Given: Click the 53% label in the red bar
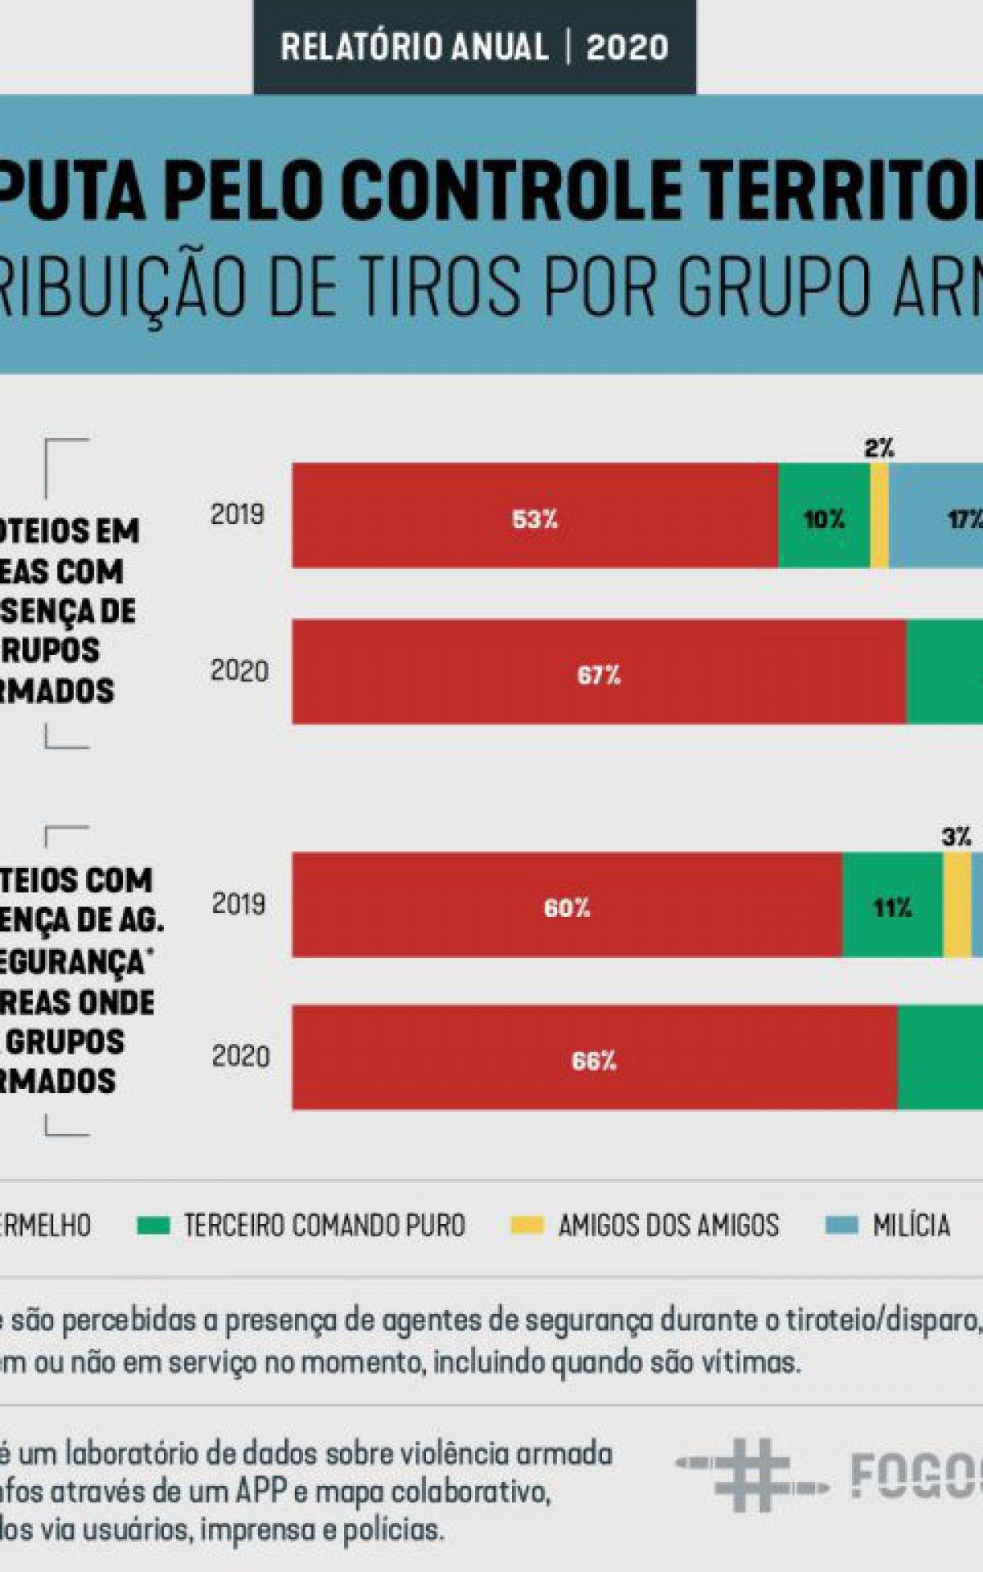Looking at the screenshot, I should tap(534, 519).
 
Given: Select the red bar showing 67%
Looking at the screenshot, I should tap(599, 672).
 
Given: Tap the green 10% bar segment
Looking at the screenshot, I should tap(823, 516).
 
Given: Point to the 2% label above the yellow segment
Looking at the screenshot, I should tap(879, 448).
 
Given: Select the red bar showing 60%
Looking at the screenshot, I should tap(567, 905).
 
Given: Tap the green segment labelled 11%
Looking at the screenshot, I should tap(892, 906).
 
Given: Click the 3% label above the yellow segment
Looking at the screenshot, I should tap(956, 837).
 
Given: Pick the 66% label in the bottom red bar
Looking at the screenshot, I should tap(593, 1060).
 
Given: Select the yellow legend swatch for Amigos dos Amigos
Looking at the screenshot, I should tap(526, 1226).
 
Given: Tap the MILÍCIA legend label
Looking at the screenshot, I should tap(911, 1226).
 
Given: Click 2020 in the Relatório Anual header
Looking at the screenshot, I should tap(627, 47).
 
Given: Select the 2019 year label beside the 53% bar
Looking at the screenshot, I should tap(237, 514).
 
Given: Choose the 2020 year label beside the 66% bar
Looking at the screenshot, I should tap(240, 1056).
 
